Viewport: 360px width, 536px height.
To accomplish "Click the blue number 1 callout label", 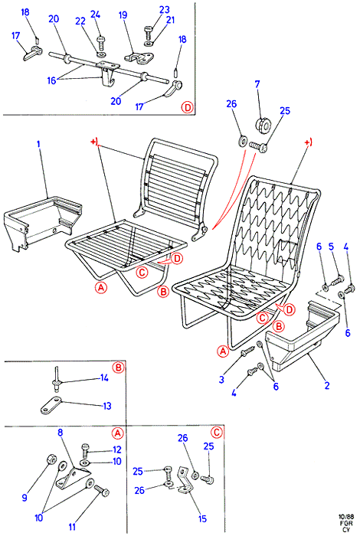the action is pos(38,144).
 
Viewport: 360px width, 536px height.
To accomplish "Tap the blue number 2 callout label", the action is pos(327,386).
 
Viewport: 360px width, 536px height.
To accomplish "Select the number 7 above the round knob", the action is pos(257,84).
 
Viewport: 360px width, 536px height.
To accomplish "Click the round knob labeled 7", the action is pos(263,126).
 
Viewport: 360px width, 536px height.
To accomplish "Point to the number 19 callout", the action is pos(123,15).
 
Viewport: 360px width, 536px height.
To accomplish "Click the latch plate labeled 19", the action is pos(139,57).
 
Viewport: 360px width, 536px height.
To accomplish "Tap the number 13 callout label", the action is pos(107,406).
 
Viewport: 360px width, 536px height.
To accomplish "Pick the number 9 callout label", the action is pos(25,497).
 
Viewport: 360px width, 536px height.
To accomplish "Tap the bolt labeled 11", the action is pos(102,492).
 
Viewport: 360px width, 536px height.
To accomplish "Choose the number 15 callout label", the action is pos(202,518).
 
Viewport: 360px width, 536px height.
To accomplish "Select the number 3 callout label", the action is pos(221,379).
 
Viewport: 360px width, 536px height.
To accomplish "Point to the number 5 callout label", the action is pos(331,247).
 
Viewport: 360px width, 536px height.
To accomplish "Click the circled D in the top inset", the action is pos(188,108).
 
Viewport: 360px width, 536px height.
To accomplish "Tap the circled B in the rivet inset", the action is pos(118,368).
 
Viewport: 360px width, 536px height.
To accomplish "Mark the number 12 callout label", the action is pos(117,450).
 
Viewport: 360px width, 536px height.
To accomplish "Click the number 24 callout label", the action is pos(96,15).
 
